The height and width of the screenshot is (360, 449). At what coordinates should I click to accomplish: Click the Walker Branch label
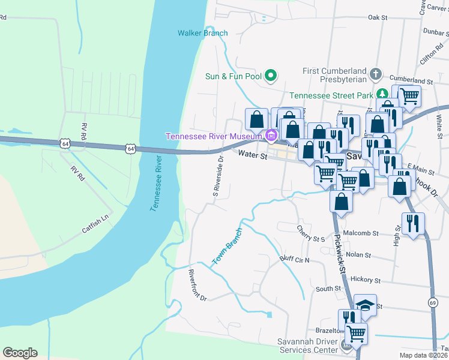pos(203,33)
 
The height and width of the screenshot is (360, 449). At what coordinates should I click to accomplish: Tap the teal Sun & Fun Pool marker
pos(271,76)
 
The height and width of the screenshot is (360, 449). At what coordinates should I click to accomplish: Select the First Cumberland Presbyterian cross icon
pos(376,74)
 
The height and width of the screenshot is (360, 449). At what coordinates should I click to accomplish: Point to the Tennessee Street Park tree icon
pos(382,95)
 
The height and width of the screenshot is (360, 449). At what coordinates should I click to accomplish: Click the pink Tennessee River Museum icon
pos(271,136)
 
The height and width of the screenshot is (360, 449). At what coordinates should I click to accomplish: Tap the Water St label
pos(252,155)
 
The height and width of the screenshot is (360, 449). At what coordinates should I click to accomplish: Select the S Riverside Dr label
pos(218,176)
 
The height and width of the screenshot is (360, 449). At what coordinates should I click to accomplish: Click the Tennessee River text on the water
pos(157,182)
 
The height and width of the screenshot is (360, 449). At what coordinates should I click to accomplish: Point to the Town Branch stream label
pos(227,247)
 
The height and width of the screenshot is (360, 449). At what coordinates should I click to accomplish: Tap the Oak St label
pos(378,18)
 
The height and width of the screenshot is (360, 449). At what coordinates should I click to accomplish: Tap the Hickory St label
pos(366,280)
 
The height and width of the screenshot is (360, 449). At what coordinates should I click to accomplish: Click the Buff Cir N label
pos(294,260)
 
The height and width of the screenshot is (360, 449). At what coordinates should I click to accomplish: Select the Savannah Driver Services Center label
pos(307,346)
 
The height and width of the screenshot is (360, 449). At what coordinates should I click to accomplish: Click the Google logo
pos(20,353)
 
